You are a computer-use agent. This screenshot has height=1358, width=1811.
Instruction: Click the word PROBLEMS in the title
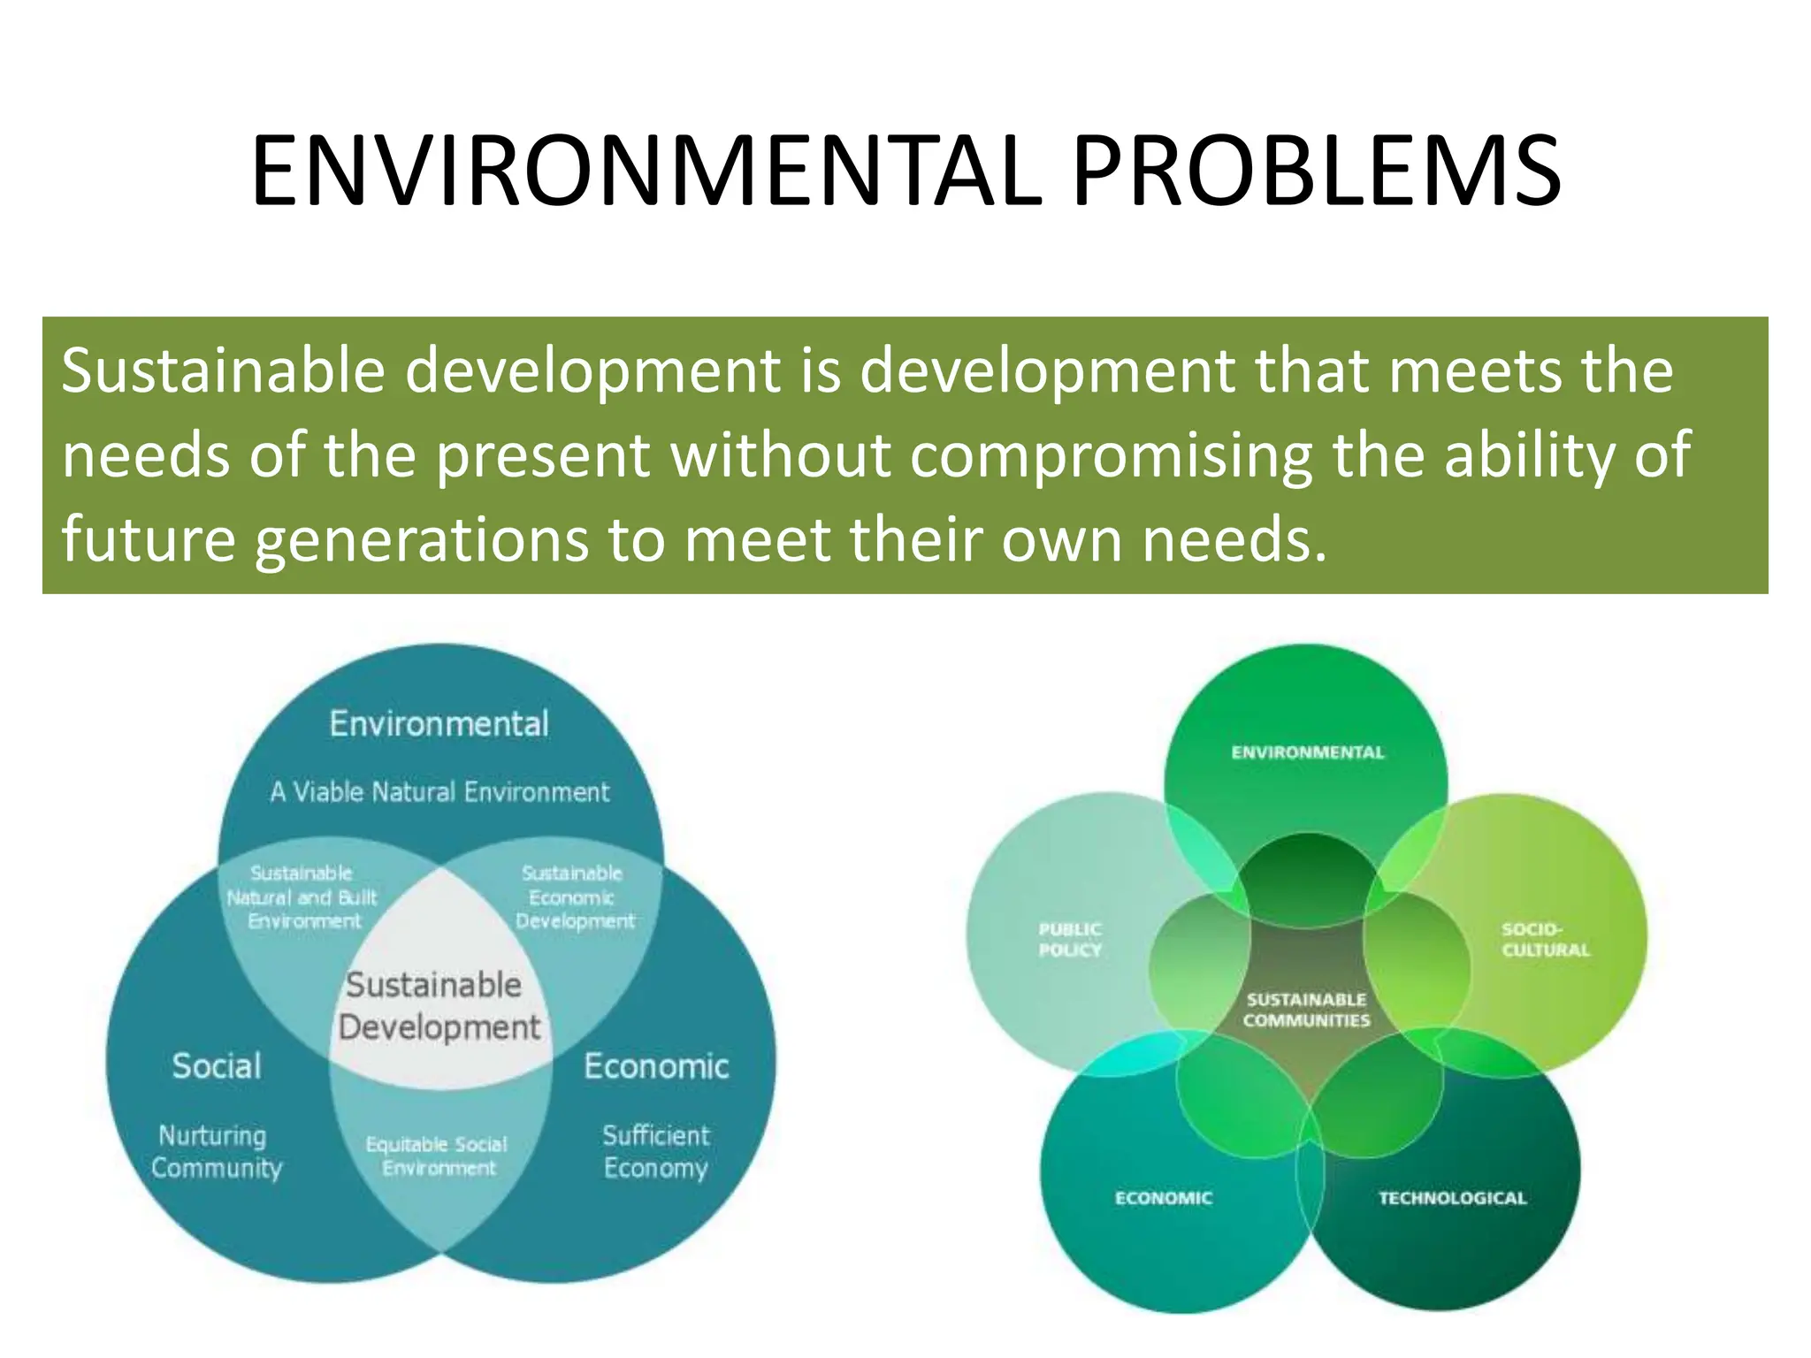[x=1317, y=172]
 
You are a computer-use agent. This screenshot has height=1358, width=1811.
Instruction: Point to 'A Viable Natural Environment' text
[x=439, y=791]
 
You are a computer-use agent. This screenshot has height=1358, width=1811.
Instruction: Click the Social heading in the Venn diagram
[x=217, y=1066]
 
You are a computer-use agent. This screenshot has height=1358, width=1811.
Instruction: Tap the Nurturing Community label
[x=215, y=1151]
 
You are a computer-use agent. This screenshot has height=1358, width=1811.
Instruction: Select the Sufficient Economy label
[x=656, y=1151]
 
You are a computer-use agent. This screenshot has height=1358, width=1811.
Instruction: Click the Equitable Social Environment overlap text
[x=438, y=1156]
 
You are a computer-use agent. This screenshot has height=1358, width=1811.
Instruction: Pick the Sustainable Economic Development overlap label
[x=574, y=897]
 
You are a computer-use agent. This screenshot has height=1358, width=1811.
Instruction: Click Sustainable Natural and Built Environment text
[x=302, y=897]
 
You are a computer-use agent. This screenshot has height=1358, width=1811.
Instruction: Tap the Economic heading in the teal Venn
[x=656, y=1066]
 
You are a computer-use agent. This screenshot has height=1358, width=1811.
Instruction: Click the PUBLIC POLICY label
[x=1070, y=939]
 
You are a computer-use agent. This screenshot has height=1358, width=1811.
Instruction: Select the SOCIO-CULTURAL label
[x=1545, y=939]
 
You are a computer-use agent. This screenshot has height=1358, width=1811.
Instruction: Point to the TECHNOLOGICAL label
[x=1452, y=1198]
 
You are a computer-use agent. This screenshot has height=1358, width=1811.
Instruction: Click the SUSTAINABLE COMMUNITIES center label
[x=1306, y=1010]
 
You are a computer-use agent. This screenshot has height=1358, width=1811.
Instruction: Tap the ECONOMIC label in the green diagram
[x=1164, y=1198]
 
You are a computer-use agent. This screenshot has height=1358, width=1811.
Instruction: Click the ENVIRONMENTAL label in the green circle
[x=1308, y=752]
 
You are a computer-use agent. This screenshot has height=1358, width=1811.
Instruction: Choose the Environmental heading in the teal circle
[x=439, y=724]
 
